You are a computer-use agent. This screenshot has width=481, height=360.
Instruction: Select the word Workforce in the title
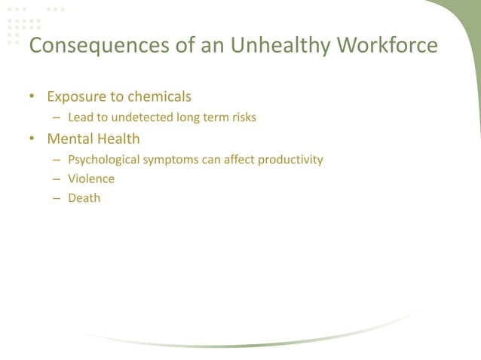pyautogui.click(x=387, y=46)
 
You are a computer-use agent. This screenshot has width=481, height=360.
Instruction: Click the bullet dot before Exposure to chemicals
pyautogui.click(x=32, y=97)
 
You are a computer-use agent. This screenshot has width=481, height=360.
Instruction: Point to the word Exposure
pyautogui.click(x=75, y=97)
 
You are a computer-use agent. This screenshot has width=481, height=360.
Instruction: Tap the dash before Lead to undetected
pyautogui.click(x=57, y=117)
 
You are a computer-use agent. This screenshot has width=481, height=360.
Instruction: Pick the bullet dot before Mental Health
pyautogui.click(x=32, y=139)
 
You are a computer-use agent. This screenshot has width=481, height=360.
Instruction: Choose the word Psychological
pyautogui.click(x=102, y=160)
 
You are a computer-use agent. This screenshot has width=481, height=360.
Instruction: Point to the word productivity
pyautogui.click(x=290, y=160)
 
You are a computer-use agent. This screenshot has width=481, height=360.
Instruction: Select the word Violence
pyautogui.click(x=91, y=179)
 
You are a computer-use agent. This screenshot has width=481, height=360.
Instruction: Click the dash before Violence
pyautogui.click(x=57, y=179)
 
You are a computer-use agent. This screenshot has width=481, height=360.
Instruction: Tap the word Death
pyautogui.click(x=84, y=199)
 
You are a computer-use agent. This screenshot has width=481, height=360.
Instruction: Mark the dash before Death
pyautogui.click(x=57, y=199)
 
